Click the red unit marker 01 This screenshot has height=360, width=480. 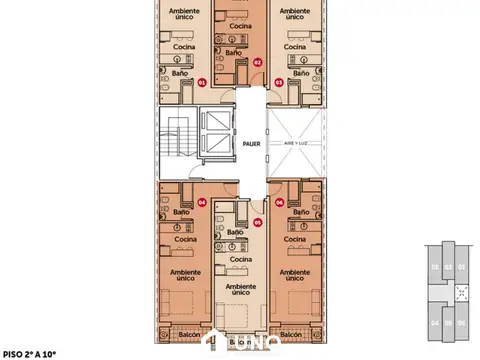point(202,83)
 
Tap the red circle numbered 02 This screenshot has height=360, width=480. point(257,62)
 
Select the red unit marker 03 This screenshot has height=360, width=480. point(280,83)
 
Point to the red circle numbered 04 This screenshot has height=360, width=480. point(202,201)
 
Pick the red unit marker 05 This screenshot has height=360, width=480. point(257,223)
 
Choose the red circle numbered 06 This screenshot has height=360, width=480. point(280,201)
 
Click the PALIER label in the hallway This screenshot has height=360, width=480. point(251,144)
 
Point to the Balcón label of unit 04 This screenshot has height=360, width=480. point(183,333)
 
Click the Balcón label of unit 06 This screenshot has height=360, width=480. point(291,333)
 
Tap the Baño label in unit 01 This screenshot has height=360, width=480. point(180,72)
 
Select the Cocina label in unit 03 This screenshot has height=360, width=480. point(296,46)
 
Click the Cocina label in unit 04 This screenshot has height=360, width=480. point(184,239)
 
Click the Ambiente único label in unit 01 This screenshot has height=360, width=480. point(183,15)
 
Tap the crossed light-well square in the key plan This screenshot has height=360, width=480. point(462,294)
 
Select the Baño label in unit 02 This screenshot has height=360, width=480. point(233,51)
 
